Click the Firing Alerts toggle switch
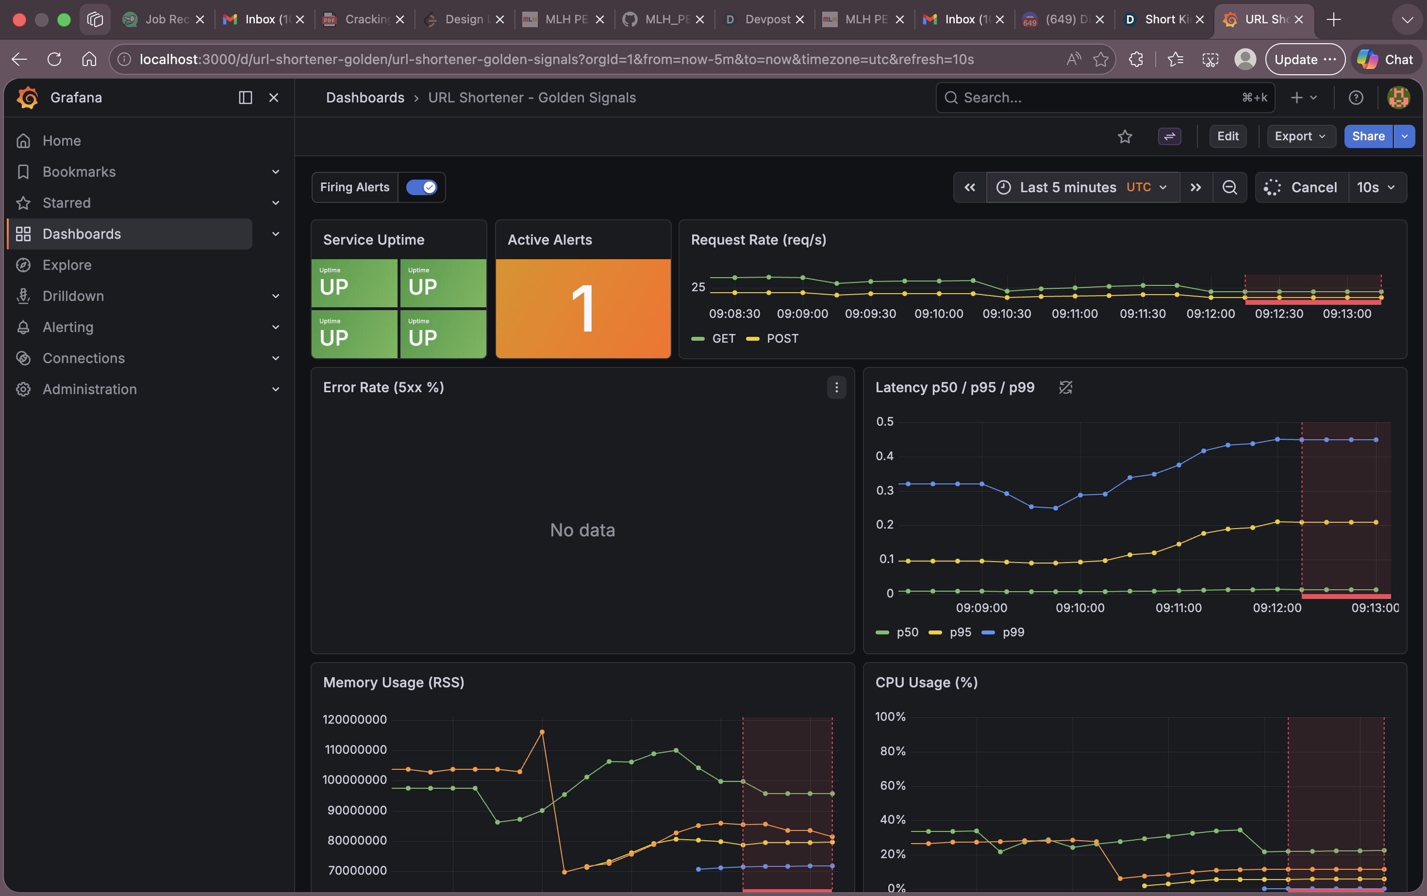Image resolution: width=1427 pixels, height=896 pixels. [x=421, y=187]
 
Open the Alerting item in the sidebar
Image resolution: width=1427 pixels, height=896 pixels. [x=67, y=327]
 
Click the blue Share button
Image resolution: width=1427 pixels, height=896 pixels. [x=1368, y=136]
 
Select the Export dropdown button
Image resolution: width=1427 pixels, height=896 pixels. [x=1300, y=136]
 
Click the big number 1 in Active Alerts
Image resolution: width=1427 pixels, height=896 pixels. [x=582, y=308]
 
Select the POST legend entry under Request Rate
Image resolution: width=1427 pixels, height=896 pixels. [x=781, y=338]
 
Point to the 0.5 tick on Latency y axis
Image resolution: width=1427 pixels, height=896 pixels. [x=884, y=421]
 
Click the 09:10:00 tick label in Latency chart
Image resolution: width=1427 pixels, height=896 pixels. [x=1080, y=608]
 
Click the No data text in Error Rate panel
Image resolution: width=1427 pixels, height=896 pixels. [x=582, y=530]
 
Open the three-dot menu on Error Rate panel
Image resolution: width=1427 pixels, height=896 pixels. [x=836, y=387]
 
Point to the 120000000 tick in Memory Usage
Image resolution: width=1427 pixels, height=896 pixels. [x=354, y=719]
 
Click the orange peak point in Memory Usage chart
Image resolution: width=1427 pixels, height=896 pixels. [x=542, y=732]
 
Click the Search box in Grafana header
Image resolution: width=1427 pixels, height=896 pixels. [x=1096, y=98]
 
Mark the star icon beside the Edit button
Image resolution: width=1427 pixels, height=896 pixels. [x=1125, y=137]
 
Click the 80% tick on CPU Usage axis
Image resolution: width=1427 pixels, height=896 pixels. [x=893, y=751]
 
